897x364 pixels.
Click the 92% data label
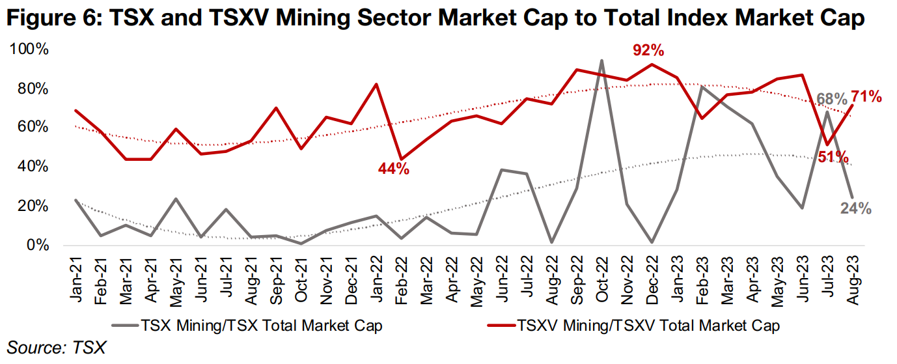point(648,50)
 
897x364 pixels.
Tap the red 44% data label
point(394,169)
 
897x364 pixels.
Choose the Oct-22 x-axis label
point(601,275)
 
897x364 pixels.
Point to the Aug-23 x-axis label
point(852,275)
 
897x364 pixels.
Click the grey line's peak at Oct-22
point(601,61)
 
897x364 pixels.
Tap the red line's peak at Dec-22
point(652,64)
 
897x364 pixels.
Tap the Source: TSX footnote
point(56,348)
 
